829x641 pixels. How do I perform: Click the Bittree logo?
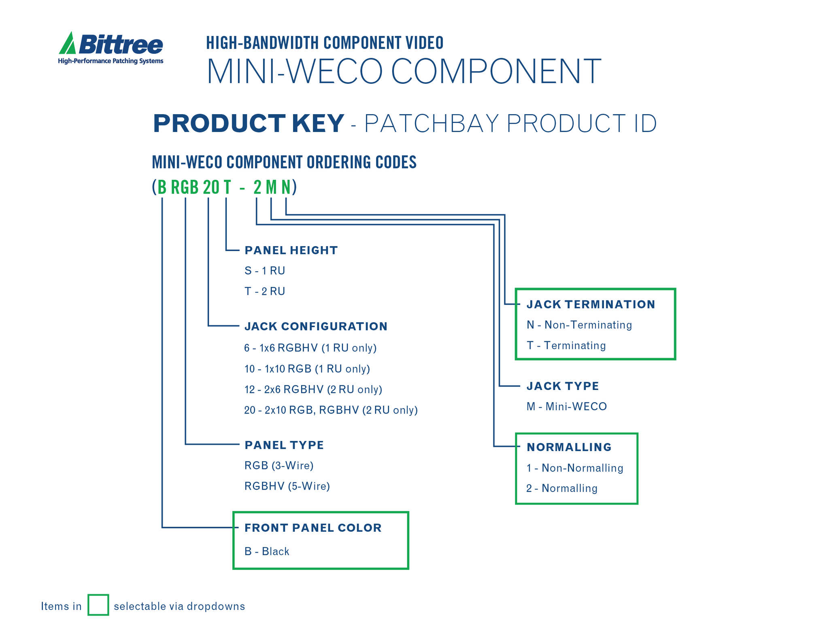tap(111, 48)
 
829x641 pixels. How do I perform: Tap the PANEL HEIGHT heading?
tap(291, 250)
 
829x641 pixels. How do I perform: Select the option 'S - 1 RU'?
tap(265, 270)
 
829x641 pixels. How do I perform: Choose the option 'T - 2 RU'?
tap(265, 291)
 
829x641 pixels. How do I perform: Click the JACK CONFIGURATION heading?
tap(316, 326)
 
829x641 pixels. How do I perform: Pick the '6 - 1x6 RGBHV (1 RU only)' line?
tap(310, 348)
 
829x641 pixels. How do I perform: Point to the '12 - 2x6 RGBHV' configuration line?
tap(313, 390)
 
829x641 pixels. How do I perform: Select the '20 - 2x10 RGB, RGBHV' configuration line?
tap(331, 410)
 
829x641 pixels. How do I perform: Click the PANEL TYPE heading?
tap(284, 445)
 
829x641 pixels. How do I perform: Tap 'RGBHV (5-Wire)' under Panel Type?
tap(287, 486)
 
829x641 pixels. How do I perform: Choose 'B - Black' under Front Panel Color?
tap(267, 551)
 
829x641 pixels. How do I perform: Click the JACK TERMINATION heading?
tap(591, 305)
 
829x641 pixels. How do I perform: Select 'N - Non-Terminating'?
tap(579, 325)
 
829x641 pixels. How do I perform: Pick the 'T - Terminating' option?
tap(566, 345)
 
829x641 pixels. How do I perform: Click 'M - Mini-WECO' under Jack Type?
tap(567, 406)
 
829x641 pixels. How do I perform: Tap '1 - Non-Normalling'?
tap(575, 468)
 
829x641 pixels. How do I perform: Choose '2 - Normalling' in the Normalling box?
tap(562, 488)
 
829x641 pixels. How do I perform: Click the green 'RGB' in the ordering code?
tap(185, 187)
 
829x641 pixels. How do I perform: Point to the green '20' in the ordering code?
tap(211, 187)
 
